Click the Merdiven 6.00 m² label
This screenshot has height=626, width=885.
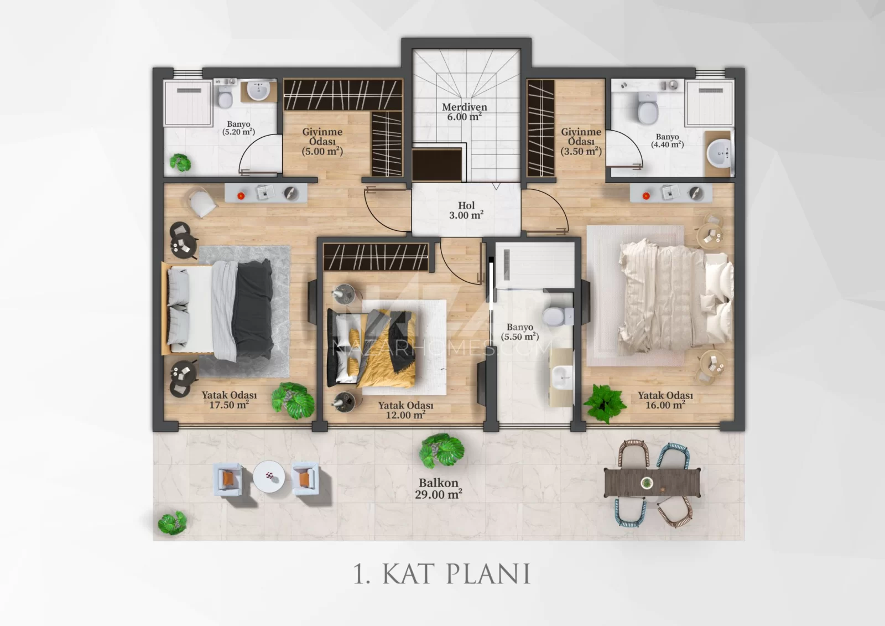click(x=465, y=112)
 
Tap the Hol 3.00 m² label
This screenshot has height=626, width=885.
click(x=466, y=210)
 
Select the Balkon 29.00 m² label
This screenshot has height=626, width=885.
click(x=439, y=489)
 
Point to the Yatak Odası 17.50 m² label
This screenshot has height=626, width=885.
click(x=229, y=400)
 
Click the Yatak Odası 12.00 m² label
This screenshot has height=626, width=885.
click(x=405, y=410)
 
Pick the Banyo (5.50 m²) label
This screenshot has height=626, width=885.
click(x=520, y=332)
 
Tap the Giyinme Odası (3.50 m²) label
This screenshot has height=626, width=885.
click(x=581, y=142)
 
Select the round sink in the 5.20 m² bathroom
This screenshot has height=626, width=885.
click(x=258, y=90)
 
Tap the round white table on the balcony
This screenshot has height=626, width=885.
click(x=269, y=477)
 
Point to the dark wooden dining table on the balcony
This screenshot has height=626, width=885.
click(x=652, y=483)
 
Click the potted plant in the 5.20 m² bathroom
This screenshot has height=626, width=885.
click(x=180, y=163)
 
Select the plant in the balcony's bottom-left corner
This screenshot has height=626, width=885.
click(x=172, y=523)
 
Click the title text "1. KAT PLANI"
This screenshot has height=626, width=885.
click(x=441, y=574)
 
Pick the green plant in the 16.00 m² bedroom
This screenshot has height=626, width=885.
click(x=605, y=403)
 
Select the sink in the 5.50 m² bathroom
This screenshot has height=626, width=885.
click(x=561, y=377)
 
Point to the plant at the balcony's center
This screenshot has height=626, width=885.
click(x=441, y=451)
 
